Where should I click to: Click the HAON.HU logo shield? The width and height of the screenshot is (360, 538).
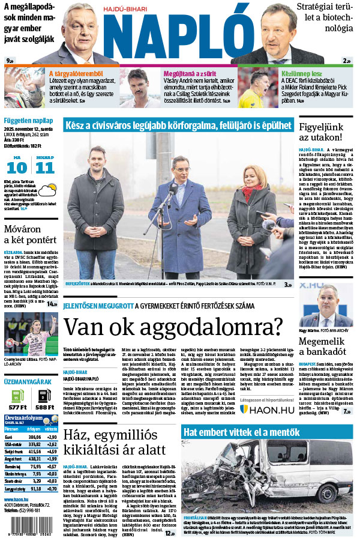coord(245,409)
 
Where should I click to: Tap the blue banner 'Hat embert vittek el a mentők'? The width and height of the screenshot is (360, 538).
coord(268,432)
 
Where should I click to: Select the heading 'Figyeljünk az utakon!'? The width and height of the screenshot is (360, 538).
coord(325,131)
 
